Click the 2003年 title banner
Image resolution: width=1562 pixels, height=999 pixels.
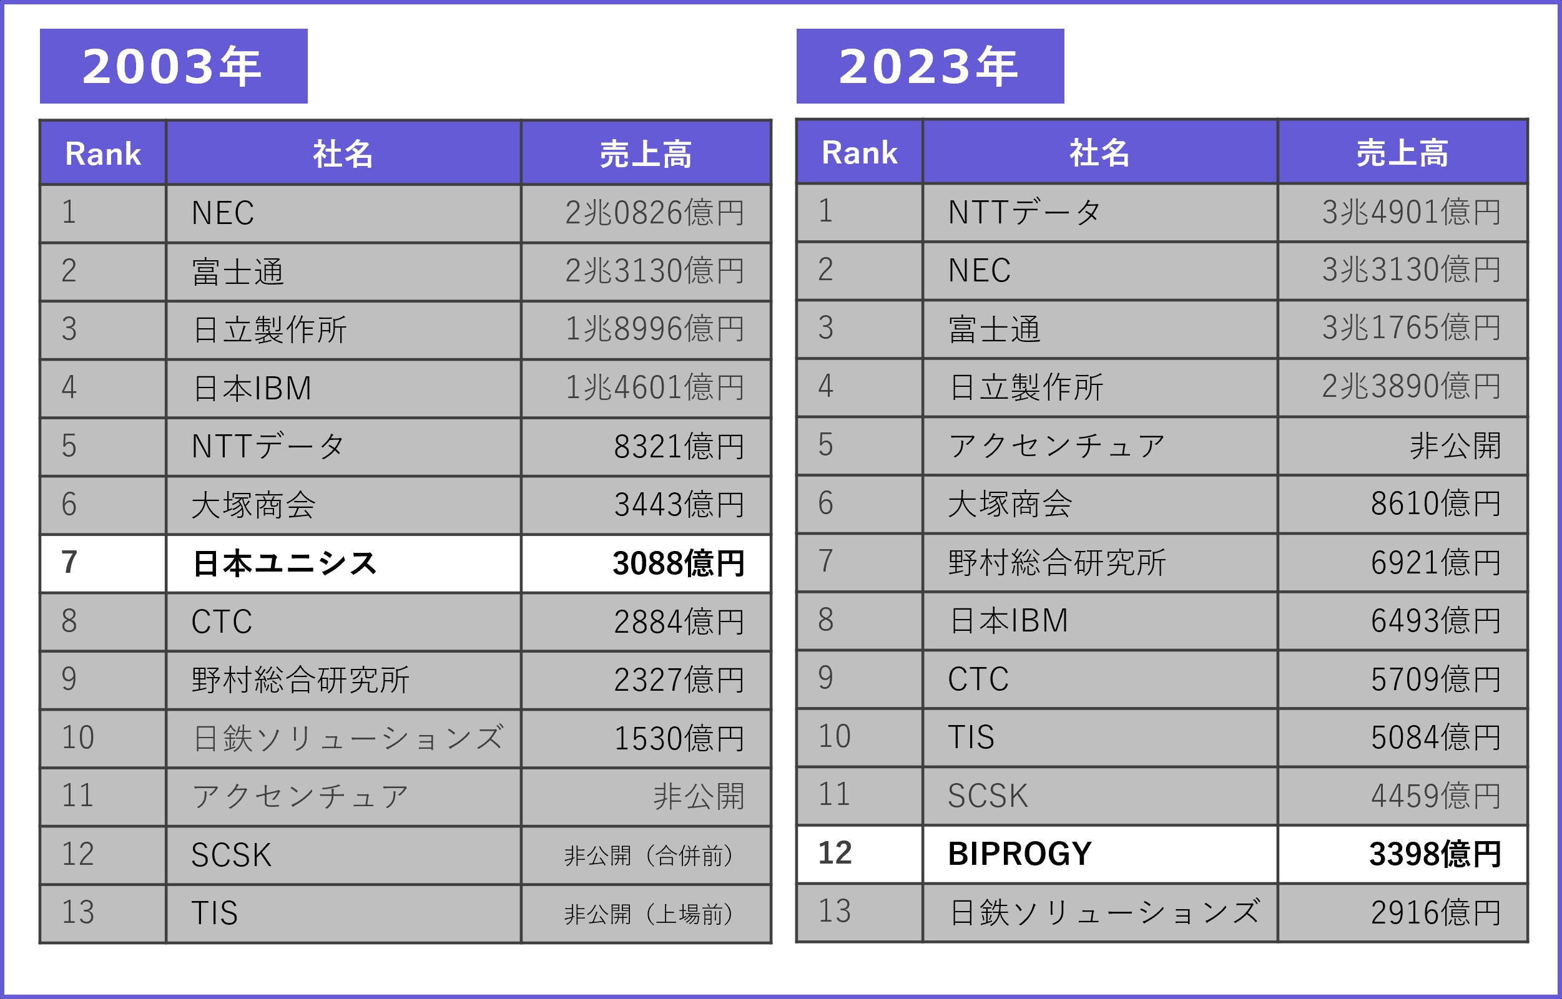click(x=174, y=66)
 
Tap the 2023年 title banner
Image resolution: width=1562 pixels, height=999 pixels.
click(x=930, y=66)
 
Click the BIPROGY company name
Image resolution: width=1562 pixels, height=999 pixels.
click(x=1019, y=854)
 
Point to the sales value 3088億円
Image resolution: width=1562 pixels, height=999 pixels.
click(x=678, y=563)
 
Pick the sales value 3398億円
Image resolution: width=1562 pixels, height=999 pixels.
click(x=1435, y=854)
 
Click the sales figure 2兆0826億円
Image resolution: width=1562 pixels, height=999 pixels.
click(x=654, y=213)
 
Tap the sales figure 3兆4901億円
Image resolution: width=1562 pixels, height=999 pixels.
click(x=1412, y=212)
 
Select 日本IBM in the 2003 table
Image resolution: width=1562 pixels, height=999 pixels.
click(x=252, y=388)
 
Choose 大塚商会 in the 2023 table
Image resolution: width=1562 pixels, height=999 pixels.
click(x=1009, y=504)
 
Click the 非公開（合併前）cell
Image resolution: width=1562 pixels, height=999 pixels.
click(x=648, y=855)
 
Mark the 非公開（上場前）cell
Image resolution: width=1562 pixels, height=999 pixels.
click(x=648, y=914)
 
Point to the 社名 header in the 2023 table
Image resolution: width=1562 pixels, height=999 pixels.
click(x=1099, y=153)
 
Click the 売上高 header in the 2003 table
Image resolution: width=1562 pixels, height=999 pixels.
click(x=646, y=154)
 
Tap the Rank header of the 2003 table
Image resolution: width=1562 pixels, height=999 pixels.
click(x=102, y=154)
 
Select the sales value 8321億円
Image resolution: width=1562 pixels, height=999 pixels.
click(x=679, y=446)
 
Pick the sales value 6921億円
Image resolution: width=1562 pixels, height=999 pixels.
click(x=1435, y=562)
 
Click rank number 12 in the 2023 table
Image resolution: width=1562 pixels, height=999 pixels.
click(x=835, y=853)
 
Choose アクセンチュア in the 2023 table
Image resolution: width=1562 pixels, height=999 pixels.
click(x=1056, y=446)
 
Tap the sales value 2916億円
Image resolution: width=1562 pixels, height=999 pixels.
click(x=1435, y=913)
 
